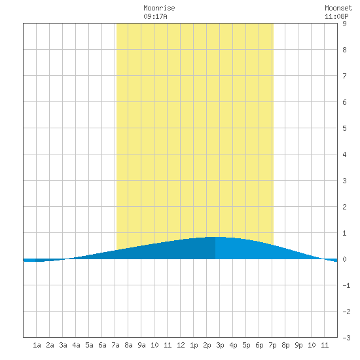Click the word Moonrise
(159, 8)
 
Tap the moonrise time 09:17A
(155, 16)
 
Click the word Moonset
(338, 8)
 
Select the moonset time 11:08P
(336, 16)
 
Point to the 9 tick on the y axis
(344, 24)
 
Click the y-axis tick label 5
(344, 128)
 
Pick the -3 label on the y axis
(346, 338)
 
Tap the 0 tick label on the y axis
(344, 259)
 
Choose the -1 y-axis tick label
(346, 285)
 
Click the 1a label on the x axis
(37, 345)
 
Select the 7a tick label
(115, 345)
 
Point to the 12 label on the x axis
(181, 345)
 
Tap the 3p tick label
(220, 345)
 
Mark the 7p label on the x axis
(272, 345)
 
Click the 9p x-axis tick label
(298, 345)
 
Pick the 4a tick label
(76, 345)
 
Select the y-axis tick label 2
(344, 207)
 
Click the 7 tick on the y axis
(344, 76)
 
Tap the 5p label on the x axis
(246, 345)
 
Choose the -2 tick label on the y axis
(346, 312)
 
